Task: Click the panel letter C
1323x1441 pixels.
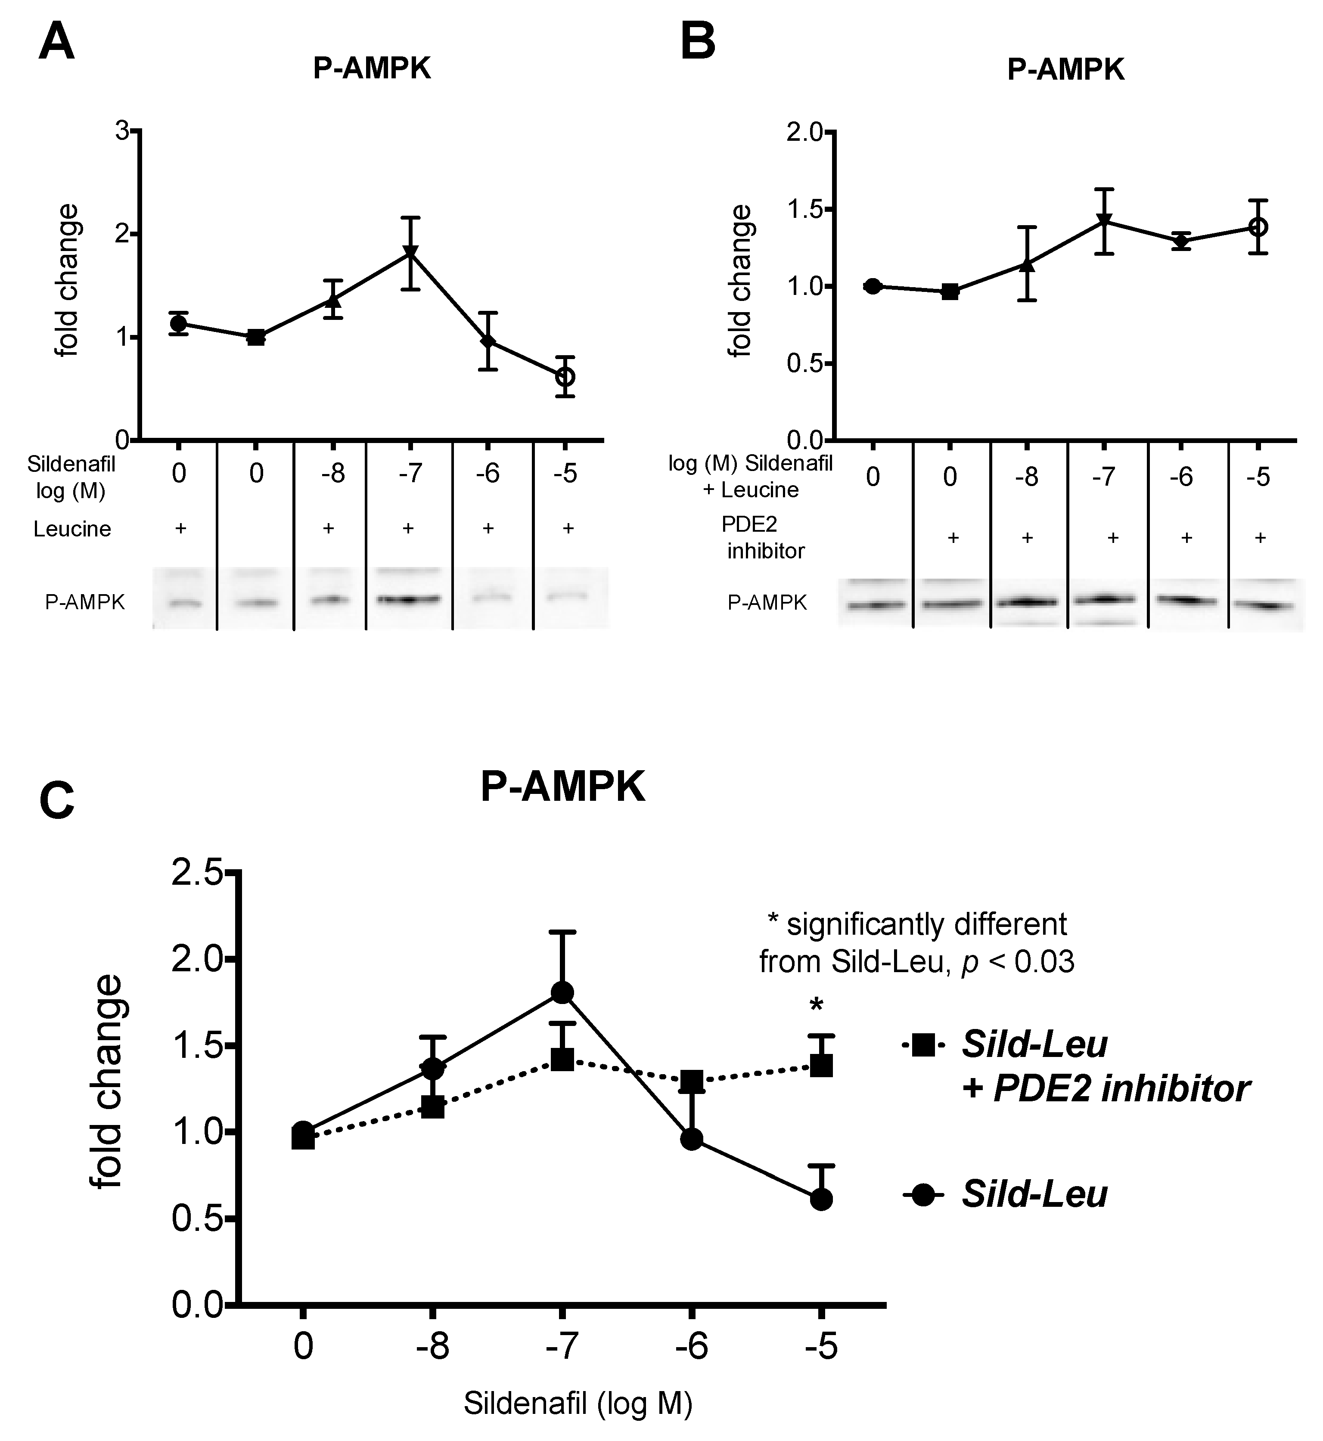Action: tap(56, 801)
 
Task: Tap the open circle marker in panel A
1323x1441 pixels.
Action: tap(565, 377)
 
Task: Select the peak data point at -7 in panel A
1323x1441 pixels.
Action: tap(410, 252)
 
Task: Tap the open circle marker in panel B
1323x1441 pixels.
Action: tap(1258, 227)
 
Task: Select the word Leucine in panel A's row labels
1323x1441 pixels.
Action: tap(72, 529)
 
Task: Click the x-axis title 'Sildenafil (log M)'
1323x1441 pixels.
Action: tap(578, 1404)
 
